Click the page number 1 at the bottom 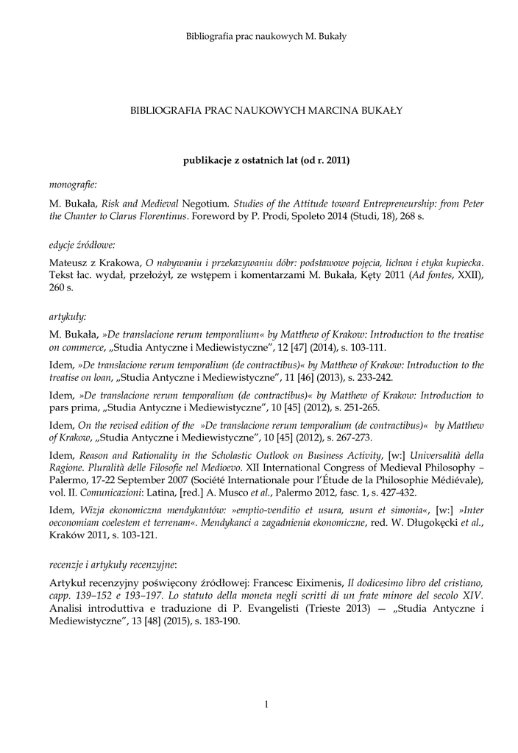[266, 705]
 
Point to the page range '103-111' [363, 346]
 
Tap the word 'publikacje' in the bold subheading [208, 160]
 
